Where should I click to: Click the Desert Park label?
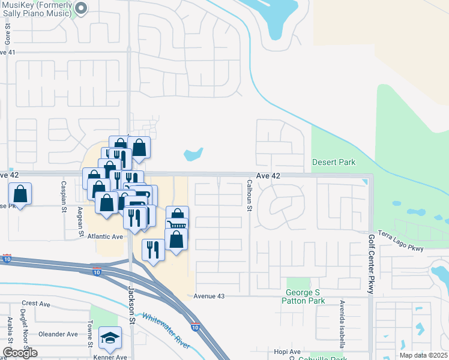point(334,162)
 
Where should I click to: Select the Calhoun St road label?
point(248,196)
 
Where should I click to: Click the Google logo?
point(20,353)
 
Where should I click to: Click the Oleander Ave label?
point(58,334)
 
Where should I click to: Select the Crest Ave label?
point(35,304)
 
